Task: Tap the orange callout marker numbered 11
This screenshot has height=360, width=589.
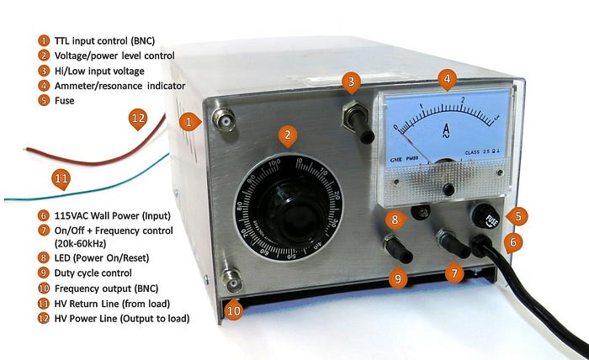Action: [x=60, y=179]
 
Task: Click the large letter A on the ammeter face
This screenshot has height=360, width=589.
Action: [x=447, y=129]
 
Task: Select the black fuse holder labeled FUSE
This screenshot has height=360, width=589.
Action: [x=492, y=214]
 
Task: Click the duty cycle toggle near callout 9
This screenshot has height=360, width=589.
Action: [x=395, y=249]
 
